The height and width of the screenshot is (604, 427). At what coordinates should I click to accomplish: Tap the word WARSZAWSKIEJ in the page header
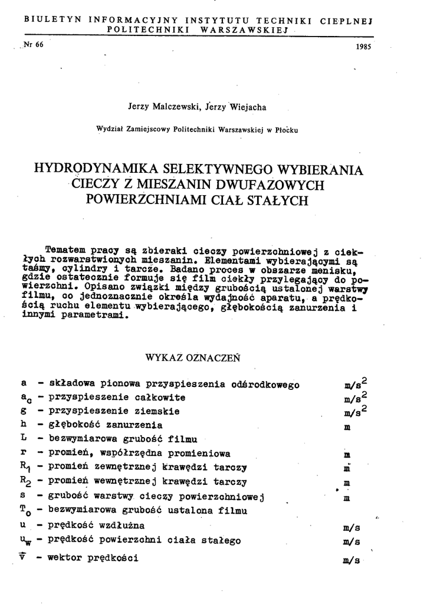(243, 29)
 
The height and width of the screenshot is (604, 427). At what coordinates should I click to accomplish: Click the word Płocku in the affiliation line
(286, 130)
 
